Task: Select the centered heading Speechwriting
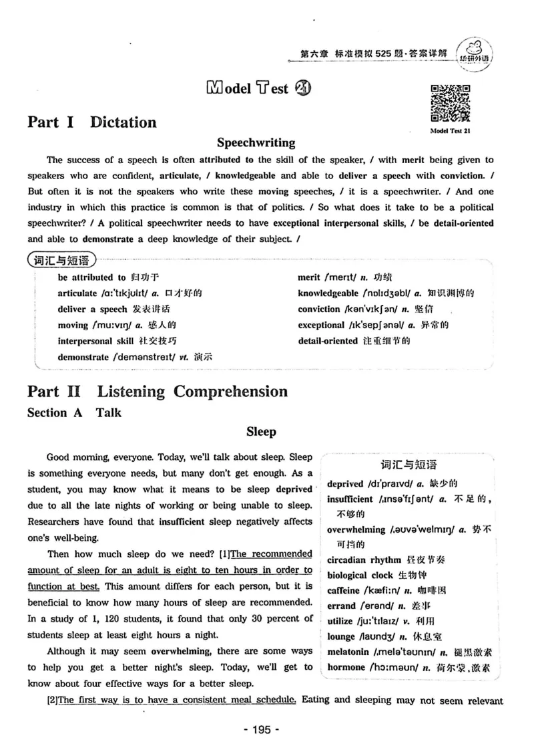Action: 256,142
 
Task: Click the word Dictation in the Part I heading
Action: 123,122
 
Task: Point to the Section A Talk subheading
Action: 74,412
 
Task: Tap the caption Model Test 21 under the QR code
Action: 451,132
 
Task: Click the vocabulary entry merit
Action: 310,277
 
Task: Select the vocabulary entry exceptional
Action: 321,325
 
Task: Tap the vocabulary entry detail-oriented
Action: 328,341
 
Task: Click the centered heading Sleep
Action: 260,432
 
